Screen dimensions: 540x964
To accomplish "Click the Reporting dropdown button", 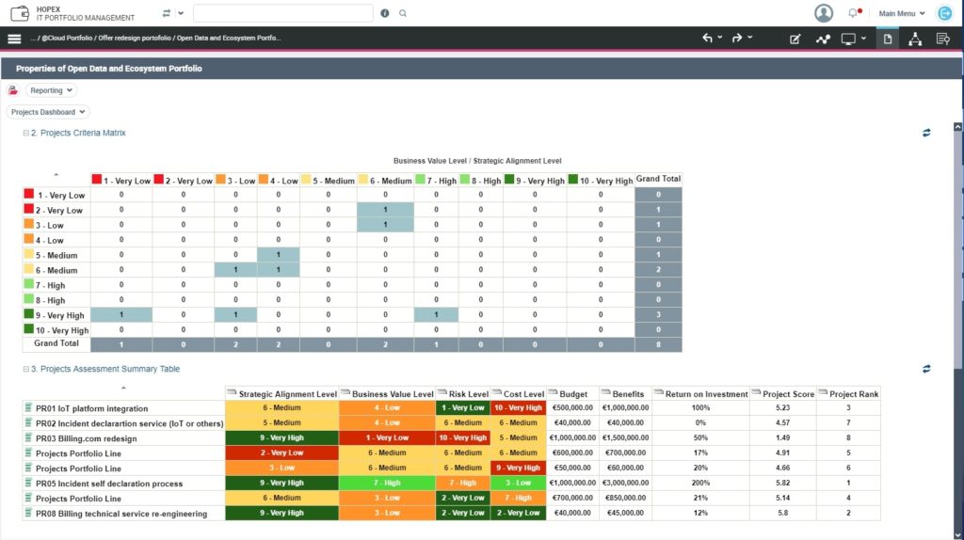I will point(52,90).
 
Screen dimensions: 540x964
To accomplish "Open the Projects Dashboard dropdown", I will point(48,112).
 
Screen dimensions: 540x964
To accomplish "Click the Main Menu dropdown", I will point(902,13).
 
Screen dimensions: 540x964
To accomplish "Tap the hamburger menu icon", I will point(14,39).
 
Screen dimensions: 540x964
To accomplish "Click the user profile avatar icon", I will point(824,13).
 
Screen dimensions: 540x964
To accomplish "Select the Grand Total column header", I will point(658,179).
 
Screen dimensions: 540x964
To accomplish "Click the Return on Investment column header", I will point(706,394).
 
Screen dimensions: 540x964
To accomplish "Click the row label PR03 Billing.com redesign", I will point(86,438).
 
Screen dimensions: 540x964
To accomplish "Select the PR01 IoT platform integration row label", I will point(91,408).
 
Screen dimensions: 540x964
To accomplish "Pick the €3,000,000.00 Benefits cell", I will point(626,484).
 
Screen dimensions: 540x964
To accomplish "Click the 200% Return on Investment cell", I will point(700,484).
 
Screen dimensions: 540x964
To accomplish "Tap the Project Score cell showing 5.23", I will point(782,408).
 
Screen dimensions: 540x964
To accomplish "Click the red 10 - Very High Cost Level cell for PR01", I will point(518,408).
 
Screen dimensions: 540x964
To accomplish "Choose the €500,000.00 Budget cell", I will point(572,408).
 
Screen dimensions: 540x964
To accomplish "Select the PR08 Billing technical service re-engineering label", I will point(121,514).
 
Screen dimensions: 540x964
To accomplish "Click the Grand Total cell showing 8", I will point(658,344).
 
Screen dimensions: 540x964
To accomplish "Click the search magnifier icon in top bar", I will point(403,13).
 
